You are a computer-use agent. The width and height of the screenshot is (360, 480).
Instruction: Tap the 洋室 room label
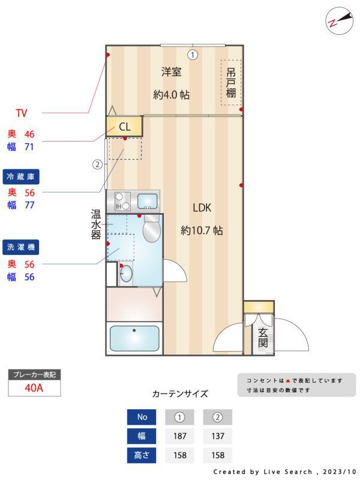pos(171,72)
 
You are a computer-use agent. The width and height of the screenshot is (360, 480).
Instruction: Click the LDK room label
pos(202,208)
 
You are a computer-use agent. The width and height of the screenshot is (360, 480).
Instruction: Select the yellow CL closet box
pos(124,127)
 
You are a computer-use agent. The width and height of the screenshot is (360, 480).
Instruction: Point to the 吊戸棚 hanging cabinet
pos(231,83)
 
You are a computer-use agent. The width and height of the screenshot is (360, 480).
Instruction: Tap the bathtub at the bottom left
pos(134,338)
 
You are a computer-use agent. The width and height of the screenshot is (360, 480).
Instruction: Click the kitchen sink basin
pos(147,200)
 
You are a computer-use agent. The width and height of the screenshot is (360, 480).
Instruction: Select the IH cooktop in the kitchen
pos(119,200)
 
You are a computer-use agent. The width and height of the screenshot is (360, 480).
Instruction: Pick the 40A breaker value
pos(34,388)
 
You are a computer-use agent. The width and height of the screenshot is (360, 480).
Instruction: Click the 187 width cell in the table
pos(179,436)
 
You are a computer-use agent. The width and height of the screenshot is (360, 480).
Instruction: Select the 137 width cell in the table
pos(217,436)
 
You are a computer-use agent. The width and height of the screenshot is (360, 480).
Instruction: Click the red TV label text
pos(22,113)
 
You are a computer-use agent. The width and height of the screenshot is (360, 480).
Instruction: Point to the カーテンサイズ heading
pos(180,394)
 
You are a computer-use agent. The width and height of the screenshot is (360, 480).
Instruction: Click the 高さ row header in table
pos(142,455)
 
